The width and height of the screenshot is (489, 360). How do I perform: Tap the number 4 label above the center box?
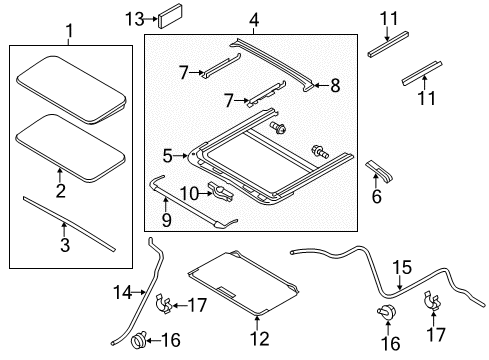coord(253,20)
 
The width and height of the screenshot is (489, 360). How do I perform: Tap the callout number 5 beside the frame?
coord(168,155)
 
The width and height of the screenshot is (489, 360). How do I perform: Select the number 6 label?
coord(377,198)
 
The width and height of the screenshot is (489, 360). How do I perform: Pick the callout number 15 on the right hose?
coord(401,267)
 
